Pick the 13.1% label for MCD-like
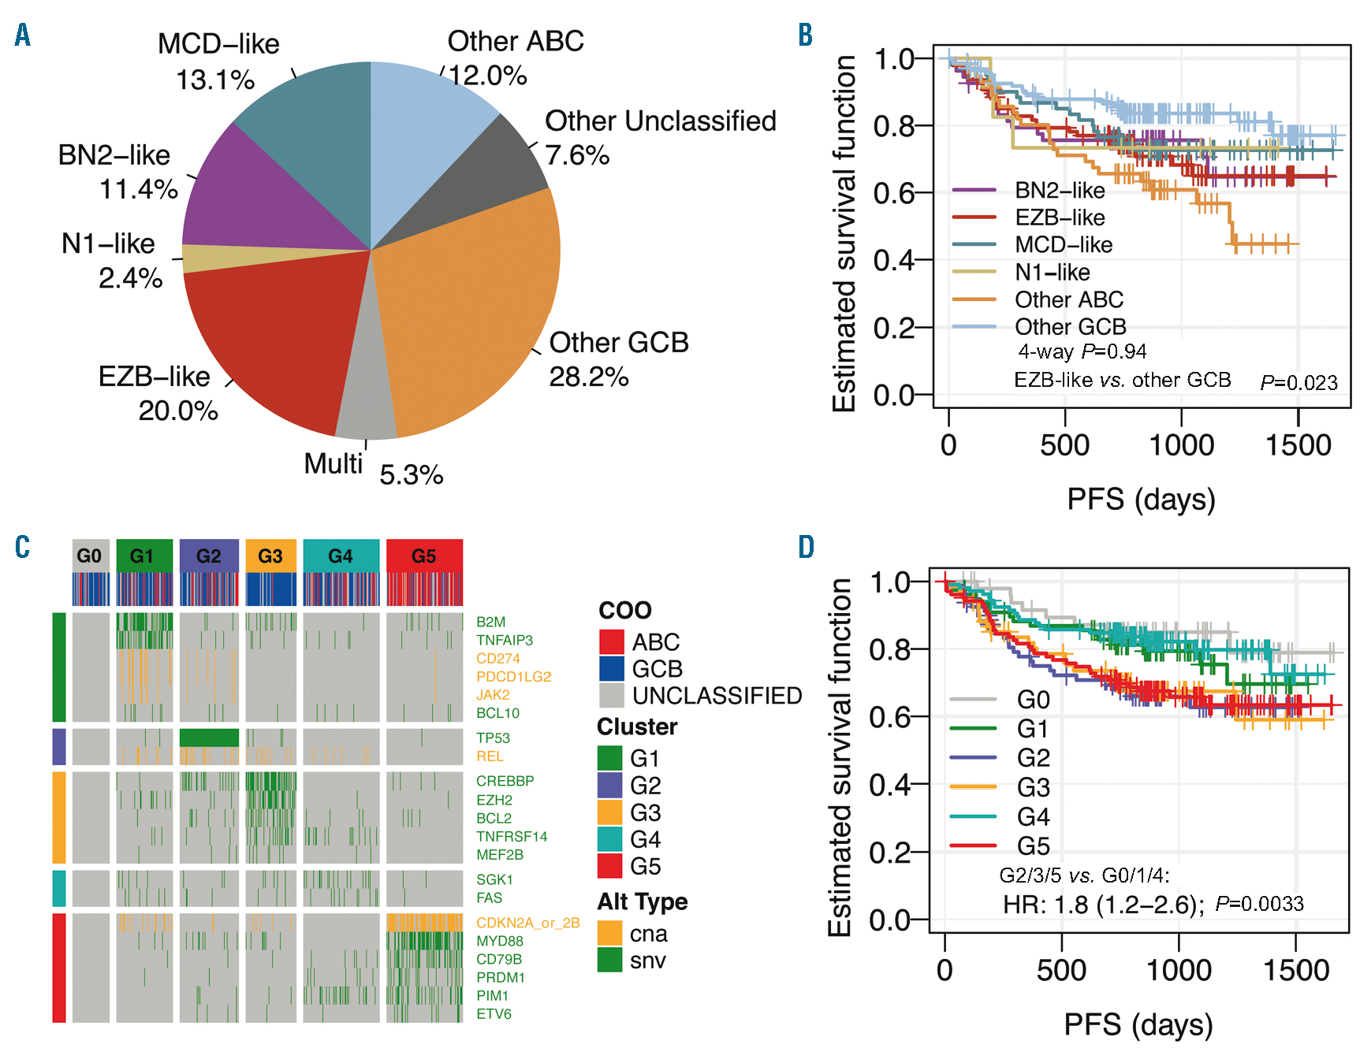click(214, 80)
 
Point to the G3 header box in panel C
click(270, 556)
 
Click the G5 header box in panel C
click(424, 556)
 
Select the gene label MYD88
click(500, 941)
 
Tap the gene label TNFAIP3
click(505, 640)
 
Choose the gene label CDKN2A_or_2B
click(527, 923)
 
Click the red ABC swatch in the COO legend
click(612, 641)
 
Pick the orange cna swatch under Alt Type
click(610, 933)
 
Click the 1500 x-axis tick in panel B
click(1298, 445)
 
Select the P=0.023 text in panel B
click(1299, 383)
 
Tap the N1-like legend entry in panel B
click(1053, 273)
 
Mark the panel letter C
click(22, 547)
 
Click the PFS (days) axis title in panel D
click(1138, 1024)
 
